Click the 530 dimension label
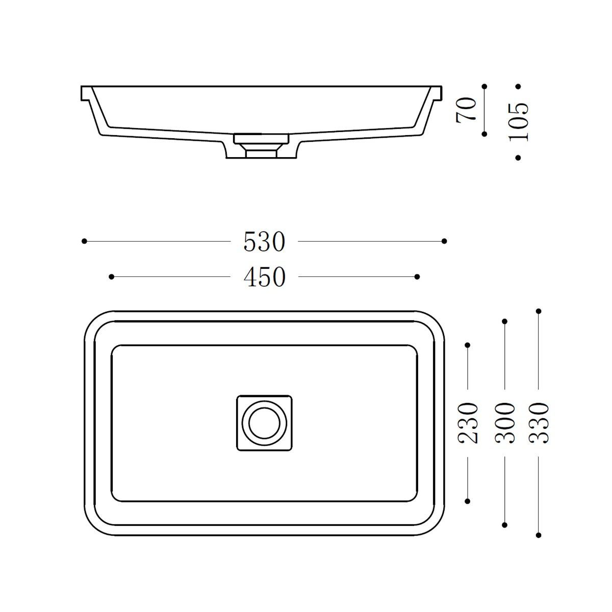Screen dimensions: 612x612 tap(264, 242)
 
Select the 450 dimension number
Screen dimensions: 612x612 tap(265, 277)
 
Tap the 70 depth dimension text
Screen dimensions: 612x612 tap(467, 110)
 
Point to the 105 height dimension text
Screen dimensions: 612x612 tap(519, 122)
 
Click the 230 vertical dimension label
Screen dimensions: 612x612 tap(468, 423)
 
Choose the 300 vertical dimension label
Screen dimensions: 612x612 tap(505, 423)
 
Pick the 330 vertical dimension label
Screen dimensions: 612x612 tap(539, 423)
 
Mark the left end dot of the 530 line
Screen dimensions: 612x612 tap(84, 241)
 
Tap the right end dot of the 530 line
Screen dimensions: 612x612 tap(444, 241)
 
